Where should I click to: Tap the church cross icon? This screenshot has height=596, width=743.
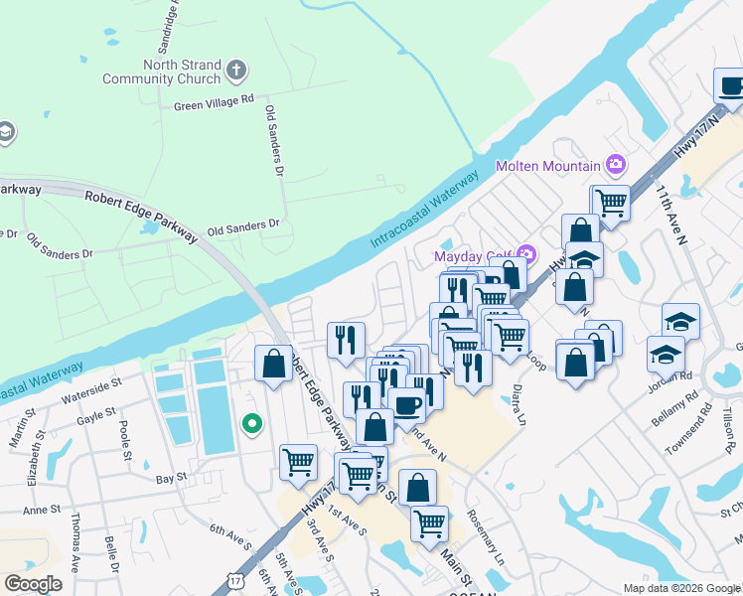[x=235, y=71]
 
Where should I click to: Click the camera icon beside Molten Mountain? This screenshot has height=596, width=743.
[x=617, y=165]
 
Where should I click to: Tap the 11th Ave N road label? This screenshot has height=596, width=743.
[x=670, y=214]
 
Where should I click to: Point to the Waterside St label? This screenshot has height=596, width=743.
[x=89, y=381]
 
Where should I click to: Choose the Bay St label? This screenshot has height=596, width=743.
[x=172, y=478]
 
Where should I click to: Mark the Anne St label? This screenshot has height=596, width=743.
[x=42, y=509]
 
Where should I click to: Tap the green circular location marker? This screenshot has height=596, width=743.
[x=252, y=424]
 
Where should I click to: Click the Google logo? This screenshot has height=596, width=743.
[x=34, y=584]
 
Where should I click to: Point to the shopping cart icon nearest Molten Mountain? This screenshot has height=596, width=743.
[x=612, y=203]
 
